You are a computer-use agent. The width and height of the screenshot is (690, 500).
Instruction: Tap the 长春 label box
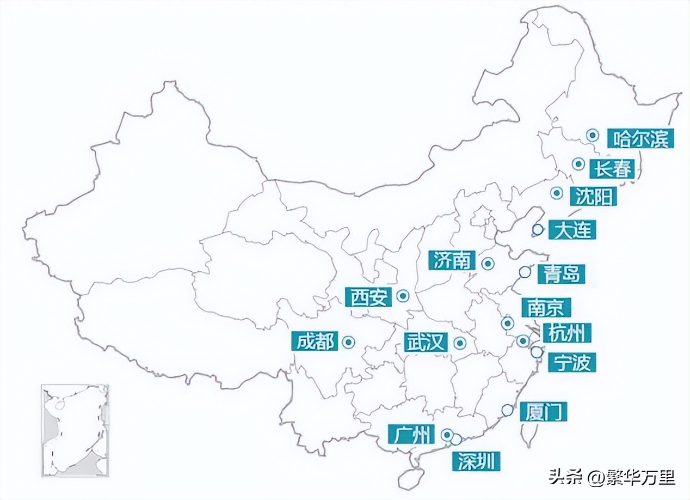coord(613,169)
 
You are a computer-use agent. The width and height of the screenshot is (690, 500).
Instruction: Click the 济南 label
coord(452,261)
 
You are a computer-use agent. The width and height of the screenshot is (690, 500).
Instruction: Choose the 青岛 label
coord(561,275)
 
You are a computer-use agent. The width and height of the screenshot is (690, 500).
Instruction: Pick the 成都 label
coord(315,342)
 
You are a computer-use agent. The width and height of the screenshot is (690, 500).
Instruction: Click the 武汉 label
coord(427,343)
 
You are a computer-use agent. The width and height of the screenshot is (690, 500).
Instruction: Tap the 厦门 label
coord(543,411)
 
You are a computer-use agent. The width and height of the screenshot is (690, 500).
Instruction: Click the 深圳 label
coord(476,462)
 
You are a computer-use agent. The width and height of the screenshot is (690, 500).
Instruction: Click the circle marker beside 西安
coord(403,296)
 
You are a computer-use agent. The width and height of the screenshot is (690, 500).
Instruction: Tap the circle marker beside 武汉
coord(460,343)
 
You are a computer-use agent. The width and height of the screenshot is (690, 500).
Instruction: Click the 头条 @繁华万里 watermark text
coord(611,478)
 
